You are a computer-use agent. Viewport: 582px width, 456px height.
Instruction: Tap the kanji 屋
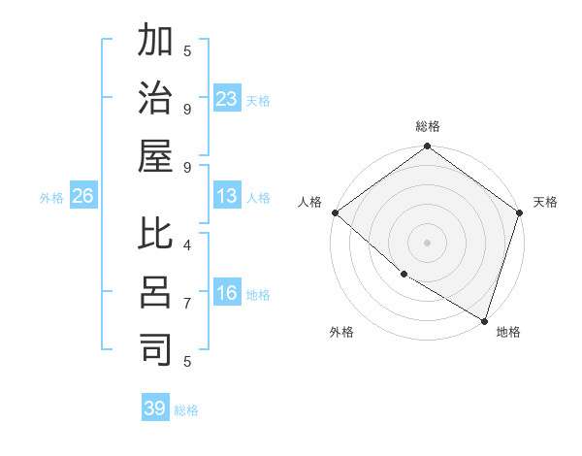click(x=156, y=156)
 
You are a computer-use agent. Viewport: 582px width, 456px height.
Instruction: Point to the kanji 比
click(x=156, y=236)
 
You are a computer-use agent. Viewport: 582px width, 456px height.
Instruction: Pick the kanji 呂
click(x=156, y=293)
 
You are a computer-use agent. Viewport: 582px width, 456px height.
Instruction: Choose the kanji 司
click(x=156, y=350)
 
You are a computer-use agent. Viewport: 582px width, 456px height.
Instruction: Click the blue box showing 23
click(x=227, y=98)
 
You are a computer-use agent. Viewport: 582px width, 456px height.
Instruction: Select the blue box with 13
click(x=227, y=196)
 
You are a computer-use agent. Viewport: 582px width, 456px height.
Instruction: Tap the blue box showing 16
click(x=227, y=293)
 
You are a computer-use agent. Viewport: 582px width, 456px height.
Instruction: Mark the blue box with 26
click(x=82, y=196)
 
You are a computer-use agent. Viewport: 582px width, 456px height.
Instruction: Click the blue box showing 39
click(x=155, y=408)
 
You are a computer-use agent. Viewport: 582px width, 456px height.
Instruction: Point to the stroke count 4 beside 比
click(x=187, y=244)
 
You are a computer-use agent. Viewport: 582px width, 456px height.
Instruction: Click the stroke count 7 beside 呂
click(x=187, y=303)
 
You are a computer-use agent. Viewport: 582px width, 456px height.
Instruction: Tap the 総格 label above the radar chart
click(x=428, y=126)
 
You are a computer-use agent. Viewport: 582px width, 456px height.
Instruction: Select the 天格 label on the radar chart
click(x=545, y=202)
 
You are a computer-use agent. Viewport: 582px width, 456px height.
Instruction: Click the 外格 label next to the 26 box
click(x=51, y=197)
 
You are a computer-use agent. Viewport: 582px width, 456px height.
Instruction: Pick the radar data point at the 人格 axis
click(x=335, y=212)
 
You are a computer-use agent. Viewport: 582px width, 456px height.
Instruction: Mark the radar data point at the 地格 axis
click(x=484, y=320)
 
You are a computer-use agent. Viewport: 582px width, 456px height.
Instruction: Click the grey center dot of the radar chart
click(x=428, y=243)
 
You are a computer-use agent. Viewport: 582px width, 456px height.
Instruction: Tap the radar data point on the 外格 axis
click(x=404, y=276)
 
